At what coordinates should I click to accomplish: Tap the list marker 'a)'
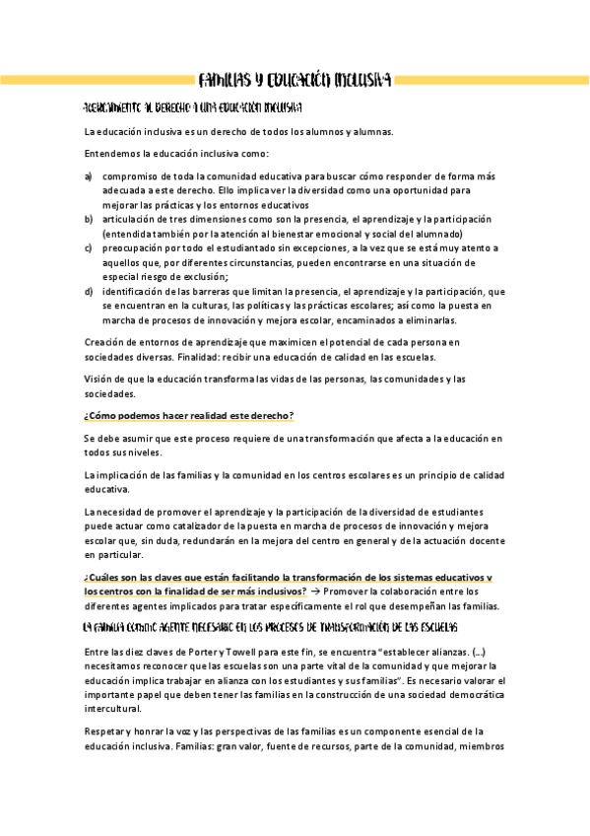point(89,175)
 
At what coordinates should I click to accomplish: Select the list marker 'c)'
point(89,248)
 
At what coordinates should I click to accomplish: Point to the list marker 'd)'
point(89,292)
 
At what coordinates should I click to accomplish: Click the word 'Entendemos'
point(109,154)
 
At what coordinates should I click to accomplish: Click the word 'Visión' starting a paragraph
point(99,379)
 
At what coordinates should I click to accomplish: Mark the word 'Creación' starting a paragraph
point(106,342)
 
